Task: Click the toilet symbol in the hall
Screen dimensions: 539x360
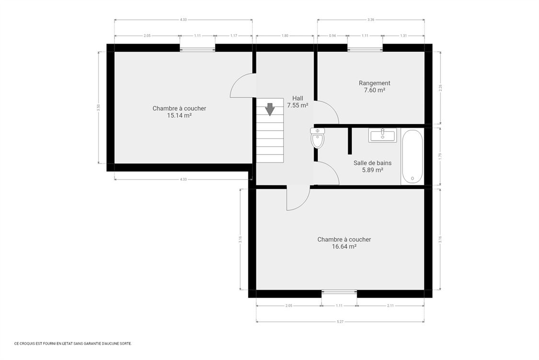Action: (x=317, y=138)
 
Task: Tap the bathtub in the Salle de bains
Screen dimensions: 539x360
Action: (x=412, y=156)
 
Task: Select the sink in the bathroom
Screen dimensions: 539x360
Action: (x=383, y=135)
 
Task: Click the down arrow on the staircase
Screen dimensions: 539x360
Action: (x=270, y=109)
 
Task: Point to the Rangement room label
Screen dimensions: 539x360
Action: (x=374, y=83)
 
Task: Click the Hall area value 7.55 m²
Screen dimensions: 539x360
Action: (x=298, y=105)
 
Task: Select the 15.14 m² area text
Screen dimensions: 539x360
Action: (x=179, y=116)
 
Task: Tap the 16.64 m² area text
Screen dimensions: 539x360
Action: (x=344, y=246)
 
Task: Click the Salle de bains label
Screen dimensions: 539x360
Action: (x=373, y=163)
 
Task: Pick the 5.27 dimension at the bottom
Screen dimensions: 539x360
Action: (x=340, y=322)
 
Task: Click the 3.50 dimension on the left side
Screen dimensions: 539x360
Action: (x=98, y=108)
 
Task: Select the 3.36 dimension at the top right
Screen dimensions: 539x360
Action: (x=370, y=20)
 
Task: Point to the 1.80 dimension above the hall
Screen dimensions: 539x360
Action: (x=285, y=35)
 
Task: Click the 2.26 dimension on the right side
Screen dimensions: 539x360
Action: (x=440, y=88)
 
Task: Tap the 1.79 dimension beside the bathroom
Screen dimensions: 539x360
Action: (x=440, y=156)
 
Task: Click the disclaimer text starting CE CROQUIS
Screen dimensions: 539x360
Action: (x=73, y=344)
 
